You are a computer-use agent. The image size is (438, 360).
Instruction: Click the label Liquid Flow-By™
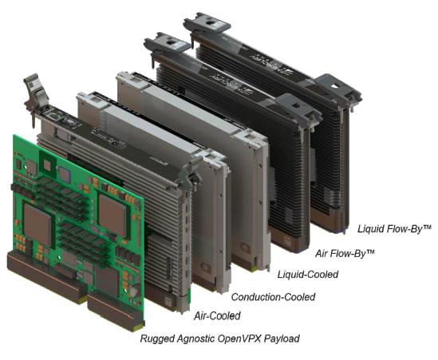coord(394,229)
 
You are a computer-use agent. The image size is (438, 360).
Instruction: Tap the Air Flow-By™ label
coord(345,253)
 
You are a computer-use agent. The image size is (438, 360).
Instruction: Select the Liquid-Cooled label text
coord(308,275)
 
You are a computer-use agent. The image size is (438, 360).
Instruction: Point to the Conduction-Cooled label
coord(273,297)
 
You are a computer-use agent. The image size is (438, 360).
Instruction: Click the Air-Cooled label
coord(217,315)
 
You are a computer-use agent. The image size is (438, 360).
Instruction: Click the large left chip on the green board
coord(37,225)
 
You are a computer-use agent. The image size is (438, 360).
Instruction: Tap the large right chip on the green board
coord(112,215)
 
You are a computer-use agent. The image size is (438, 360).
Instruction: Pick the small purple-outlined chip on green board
coord(65,176)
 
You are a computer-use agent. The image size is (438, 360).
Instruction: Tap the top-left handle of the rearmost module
coord(207,23)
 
